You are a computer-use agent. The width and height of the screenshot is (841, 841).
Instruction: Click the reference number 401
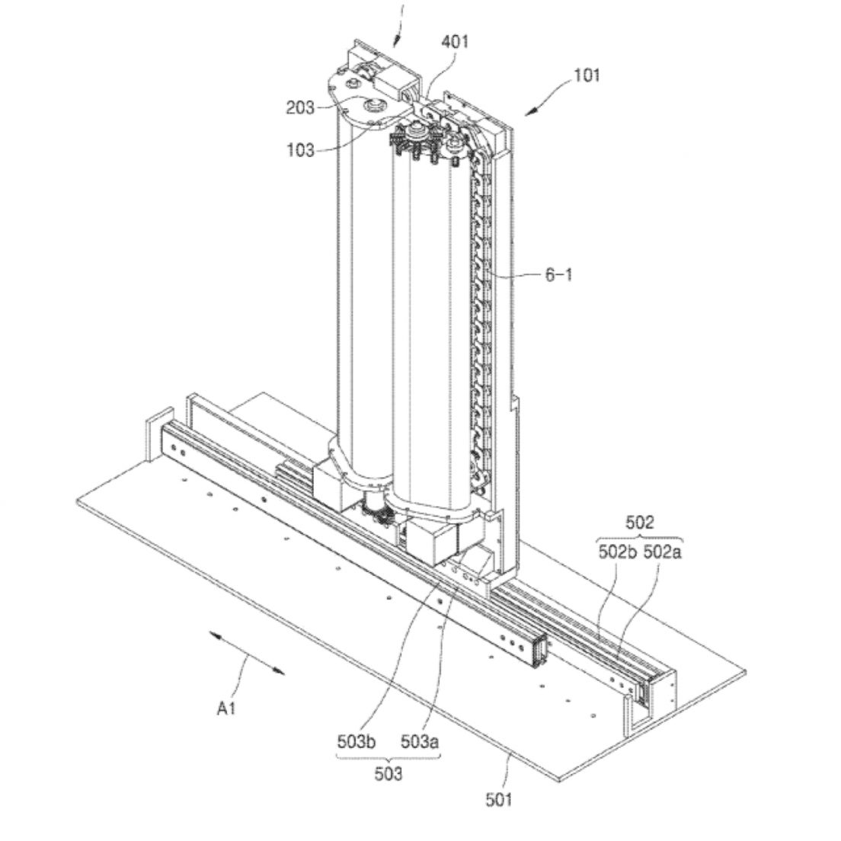[x=456, y=42]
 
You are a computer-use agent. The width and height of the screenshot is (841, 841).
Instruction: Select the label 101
[x=587, y=75]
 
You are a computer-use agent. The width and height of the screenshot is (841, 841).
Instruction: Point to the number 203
[x=300, y=107]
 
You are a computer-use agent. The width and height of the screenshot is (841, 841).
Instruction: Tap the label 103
[x=300, y=150]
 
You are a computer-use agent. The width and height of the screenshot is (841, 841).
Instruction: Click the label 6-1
[x=558, y=274]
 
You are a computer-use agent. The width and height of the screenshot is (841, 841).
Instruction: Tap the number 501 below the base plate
[x=500, y=799]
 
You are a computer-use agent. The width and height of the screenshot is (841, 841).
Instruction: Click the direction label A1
[x=226, y=708]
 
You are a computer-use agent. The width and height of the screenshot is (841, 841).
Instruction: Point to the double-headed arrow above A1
[x=247, y=652]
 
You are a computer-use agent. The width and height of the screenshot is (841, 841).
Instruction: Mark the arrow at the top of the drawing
[x=398, y=30]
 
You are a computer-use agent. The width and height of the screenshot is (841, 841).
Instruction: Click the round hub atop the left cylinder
[x=374, y=104]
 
